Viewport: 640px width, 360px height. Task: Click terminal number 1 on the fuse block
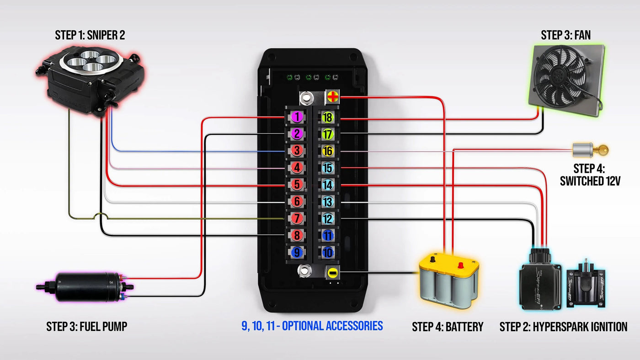[297, 117]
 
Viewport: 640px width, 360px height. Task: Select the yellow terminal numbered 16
[327, 151]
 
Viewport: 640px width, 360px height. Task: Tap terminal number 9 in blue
[297, 252]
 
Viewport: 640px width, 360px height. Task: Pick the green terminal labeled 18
[327, 117]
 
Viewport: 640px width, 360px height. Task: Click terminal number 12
[327, 218]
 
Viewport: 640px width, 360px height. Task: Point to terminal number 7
[297, 218]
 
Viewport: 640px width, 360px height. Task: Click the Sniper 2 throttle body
[91, 73]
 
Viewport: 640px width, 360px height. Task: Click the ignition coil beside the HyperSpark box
[585, 286]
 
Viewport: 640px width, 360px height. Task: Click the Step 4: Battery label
[447, 327]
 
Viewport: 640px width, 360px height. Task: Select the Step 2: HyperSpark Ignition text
[563, 327]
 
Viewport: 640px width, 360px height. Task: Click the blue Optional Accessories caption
[312, 326]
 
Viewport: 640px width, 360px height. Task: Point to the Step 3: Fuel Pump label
[86, 327]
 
